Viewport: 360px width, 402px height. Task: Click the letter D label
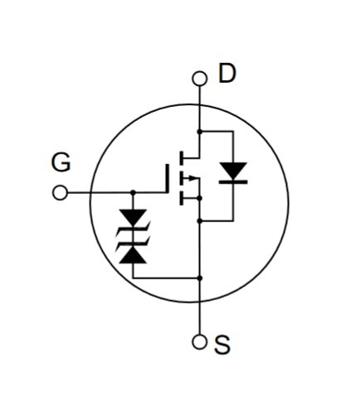coord(227,73)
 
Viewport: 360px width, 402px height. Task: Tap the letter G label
coord(61,162)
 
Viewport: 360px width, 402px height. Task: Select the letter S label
coord(222,345)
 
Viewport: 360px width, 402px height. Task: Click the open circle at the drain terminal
coord(199,78)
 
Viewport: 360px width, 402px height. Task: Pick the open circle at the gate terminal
coord(60,192)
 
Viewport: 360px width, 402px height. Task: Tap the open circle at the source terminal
coord(199,342)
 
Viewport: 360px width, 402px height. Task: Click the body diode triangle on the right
coord(233,170)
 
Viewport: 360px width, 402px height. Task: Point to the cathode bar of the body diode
coord(233,182)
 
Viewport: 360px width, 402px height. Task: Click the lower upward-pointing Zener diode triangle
coord(133,255)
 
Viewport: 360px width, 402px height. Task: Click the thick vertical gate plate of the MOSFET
coord(167,178)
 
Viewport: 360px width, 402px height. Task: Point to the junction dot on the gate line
coord(133,192)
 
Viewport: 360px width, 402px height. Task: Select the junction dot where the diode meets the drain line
coord(200,132)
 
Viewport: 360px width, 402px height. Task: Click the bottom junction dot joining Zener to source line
coord(200,278)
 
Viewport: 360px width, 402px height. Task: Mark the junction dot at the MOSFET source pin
coord(200,198)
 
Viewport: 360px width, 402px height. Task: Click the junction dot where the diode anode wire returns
coord(200,220)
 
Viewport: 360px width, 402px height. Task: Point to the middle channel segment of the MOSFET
coord(182,178)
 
